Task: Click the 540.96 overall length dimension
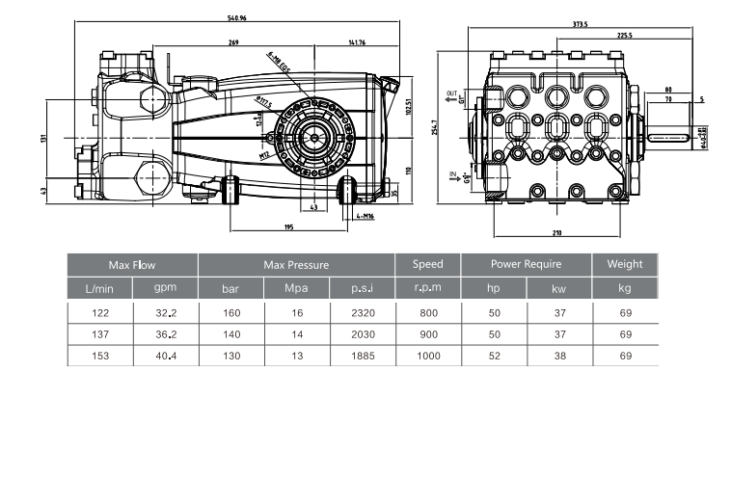point(235,18)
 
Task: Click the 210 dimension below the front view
point(557,233)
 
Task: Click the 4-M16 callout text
point(366,216)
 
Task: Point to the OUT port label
point(451,94)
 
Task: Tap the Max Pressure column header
point(296,264)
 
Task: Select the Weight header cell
point(625,264)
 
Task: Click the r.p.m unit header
point(427,287)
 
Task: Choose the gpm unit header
point(165,287)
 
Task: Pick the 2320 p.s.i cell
point(363,312)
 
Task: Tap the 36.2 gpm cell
point(165,333)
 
